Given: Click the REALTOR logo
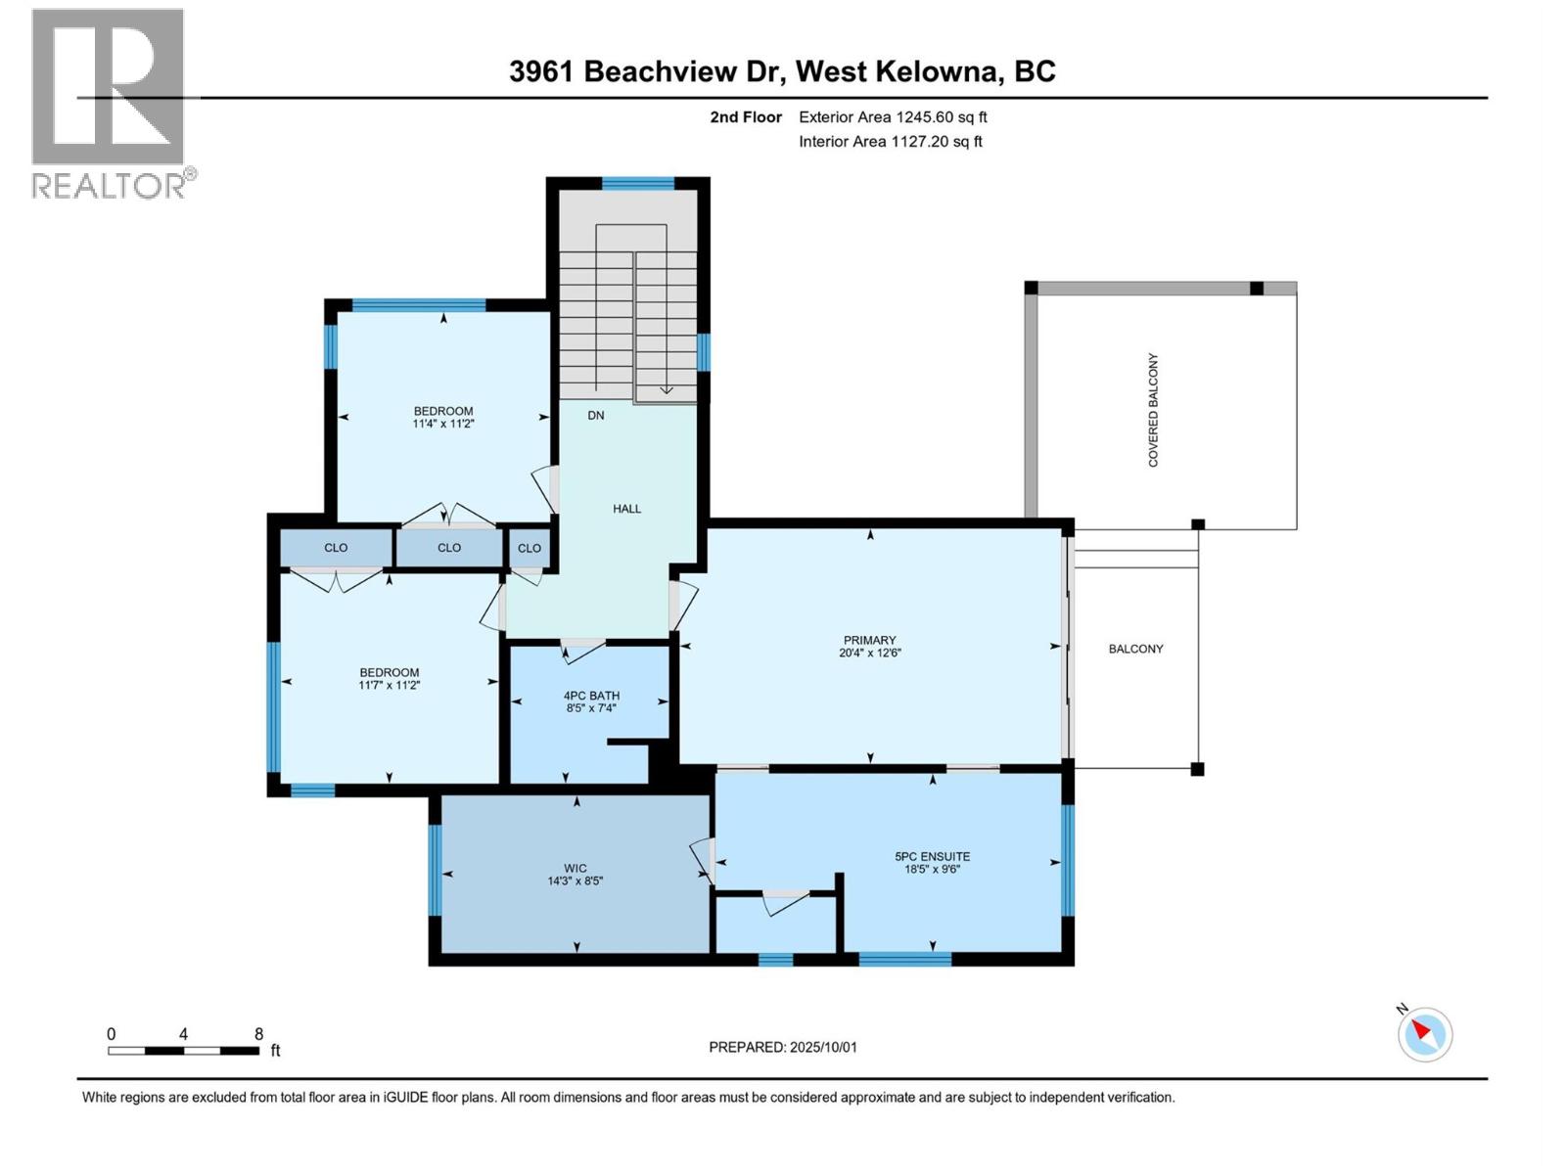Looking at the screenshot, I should (108, 103).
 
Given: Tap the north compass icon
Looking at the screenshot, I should (1424, 1034).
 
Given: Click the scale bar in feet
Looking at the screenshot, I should (183, 1051).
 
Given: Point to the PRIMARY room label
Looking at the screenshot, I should (869, 641).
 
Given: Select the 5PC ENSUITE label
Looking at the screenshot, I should (932, 856).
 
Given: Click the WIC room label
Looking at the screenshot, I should (576, 868).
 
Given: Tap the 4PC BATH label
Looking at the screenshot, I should (591, 696).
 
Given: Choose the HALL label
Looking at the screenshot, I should (626, 509).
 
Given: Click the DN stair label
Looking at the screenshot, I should (596, 415).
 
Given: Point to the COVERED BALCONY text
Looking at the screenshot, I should (1153, 410).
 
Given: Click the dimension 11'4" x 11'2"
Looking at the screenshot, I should (443, 425).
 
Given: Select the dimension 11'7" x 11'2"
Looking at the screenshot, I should (390, 686).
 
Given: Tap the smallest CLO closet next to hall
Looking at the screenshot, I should (530, 548).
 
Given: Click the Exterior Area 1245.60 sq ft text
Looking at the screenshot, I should (893, 117).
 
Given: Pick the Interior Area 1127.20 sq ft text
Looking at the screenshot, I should (890, 142).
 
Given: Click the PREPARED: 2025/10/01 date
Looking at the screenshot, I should (783, 1047).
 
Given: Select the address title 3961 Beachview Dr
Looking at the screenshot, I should (646, 71).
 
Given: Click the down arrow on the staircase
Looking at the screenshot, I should (667, 388).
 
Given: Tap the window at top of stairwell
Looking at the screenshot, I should (638, 183).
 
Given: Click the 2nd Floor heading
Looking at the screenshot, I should (746, 117).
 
